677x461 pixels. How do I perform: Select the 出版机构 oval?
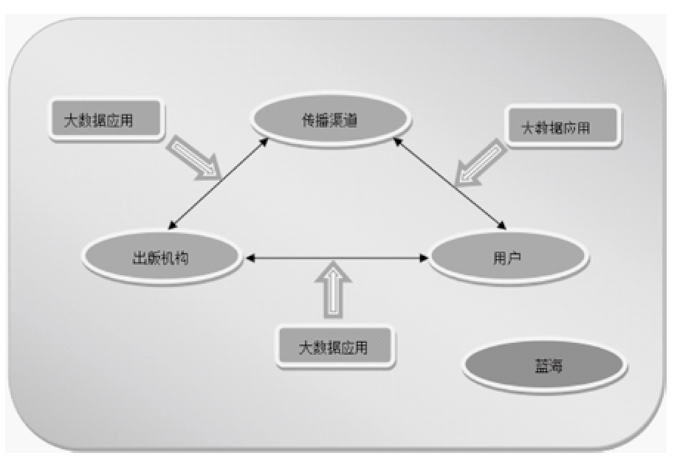(161, 257)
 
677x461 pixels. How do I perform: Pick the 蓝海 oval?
(545, 365)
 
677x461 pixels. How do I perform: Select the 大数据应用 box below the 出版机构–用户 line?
(334, 347)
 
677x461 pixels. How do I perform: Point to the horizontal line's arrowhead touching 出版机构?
(250, 258)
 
